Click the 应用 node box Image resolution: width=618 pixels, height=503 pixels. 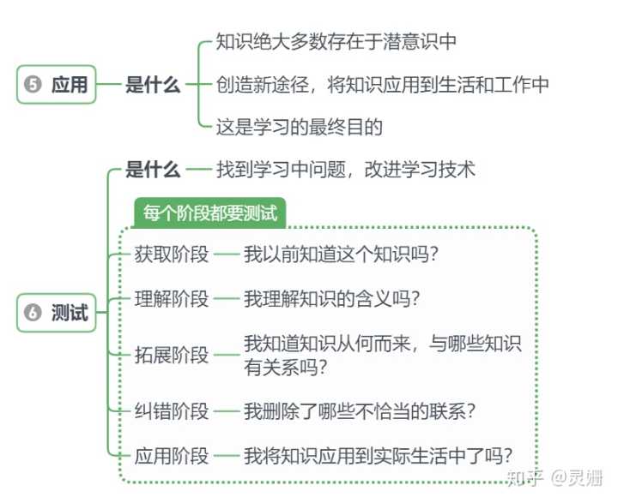click(x=57, y=85)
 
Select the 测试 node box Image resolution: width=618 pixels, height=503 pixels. click(x=57, y=313)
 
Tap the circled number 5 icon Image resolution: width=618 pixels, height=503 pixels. click(x=33, y=84)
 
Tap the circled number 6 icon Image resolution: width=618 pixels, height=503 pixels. click(x=33, y=313)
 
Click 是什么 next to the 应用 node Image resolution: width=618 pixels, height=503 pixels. click(x=153, y=85)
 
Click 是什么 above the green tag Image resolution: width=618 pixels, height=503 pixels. click(x=153, y=170)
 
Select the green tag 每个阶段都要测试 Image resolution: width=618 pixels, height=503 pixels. click(x=209, y=213)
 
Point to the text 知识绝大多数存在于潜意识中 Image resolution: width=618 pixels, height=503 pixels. click(x=336, y=41)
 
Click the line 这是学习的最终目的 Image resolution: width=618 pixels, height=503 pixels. click(x=300, y=127)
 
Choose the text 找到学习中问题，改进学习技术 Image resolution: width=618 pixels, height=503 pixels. click(x=346, y=170)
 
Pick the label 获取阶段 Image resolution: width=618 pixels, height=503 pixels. click(x=172, y=254)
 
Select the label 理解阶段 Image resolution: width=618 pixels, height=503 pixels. click(x=172, y=299)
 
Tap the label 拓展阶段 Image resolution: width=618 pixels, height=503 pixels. click(x=172, y=355)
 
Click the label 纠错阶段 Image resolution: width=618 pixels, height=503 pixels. click(x=172, y=411)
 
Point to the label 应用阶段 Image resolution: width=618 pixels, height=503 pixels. click(x=172, y=456)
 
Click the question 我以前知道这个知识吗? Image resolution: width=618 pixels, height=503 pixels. click(x=341, y=254)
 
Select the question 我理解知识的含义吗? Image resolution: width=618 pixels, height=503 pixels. click(x=332, y=299)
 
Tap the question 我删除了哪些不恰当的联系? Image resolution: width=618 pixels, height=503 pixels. click(x=360, y=411)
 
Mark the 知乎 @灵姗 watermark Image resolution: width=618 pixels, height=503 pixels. click(x=555, y=478)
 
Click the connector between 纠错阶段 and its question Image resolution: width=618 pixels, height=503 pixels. click(x=227, y=411)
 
